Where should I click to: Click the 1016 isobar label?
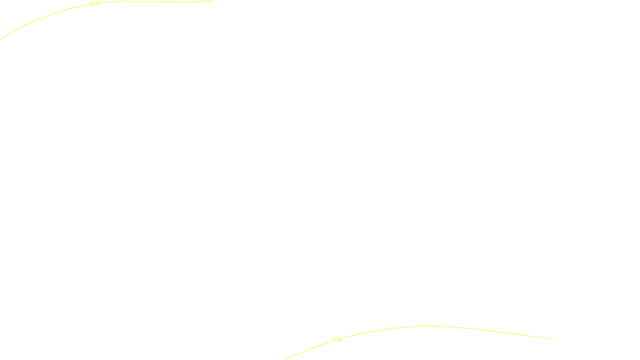pos(95,4)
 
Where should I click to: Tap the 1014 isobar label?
pos(336,340)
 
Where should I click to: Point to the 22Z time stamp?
pos(303,353)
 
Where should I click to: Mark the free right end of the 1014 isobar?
pos(550,338)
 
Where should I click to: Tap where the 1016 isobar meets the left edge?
pos(0,39)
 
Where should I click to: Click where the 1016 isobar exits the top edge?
pos(213,0)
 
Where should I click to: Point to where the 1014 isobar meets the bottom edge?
pos(285,359)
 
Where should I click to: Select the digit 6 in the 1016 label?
pos(99,4)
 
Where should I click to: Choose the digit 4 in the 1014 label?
pos(341,340)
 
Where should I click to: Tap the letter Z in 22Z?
pos(306,353)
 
